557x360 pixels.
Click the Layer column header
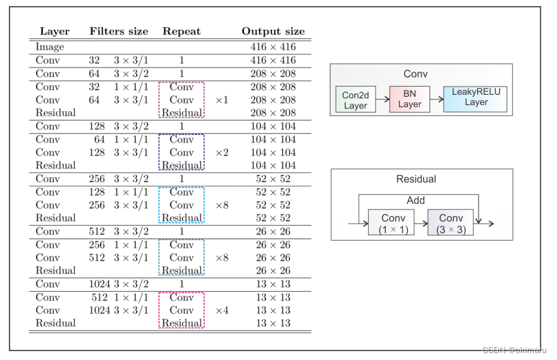tap(55, 31)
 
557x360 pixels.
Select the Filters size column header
tap(119, 31)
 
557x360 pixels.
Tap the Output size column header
tap(273, 31)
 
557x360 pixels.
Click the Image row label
tap(50, 47)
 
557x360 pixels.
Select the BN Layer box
tap(410, 100)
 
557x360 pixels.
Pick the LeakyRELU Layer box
tap(476, 96)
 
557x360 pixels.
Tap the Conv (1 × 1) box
tap(393, 223)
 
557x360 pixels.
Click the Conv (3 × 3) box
tap(451, 223)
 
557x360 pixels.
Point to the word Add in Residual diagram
tap(416, 201)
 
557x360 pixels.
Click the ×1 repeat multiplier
tap(222, 100)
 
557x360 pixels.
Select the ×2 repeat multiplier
tap(222, 153)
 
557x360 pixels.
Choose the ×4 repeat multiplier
tap(222, 310)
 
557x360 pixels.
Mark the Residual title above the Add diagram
tap(416, 179)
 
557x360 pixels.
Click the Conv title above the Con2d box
tap(415, 74)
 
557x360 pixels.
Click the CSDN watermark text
tap(512, 350)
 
